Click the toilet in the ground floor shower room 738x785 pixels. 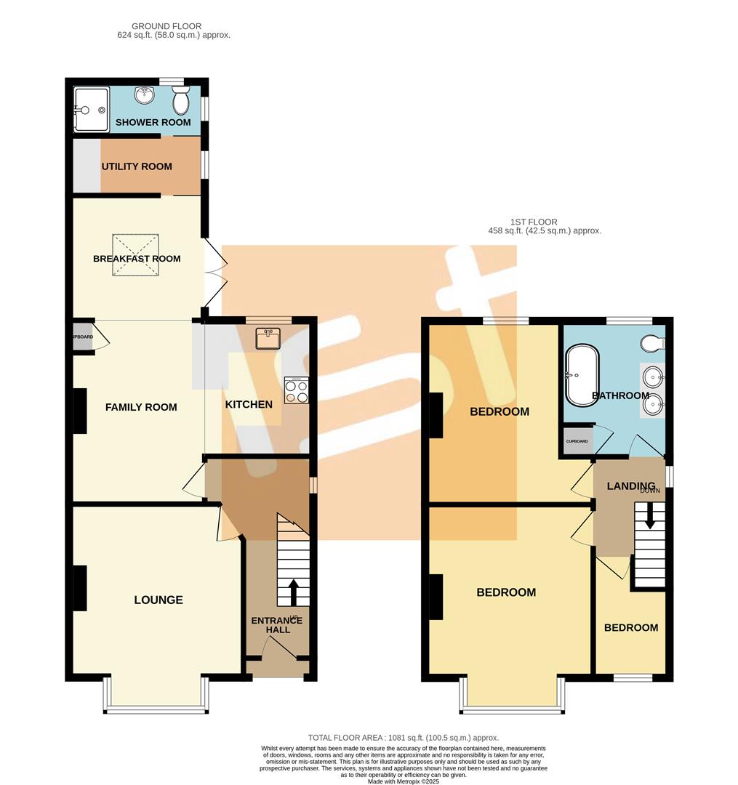click(182, 101)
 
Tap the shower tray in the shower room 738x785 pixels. click(92, 110)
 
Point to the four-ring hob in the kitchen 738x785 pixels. click(296, 390)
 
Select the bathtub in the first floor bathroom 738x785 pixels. click(582, 376)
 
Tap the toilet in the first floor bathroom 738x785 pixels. click(654, 342)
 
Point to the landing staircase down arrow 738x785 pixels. click(650, 515)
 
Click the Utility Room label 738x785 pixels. click(137, 166)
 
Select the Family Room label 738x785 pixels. click(141, 407)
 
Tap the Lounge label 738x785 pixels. click(159, 600)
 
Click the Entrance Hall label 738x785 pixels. click(276, 624)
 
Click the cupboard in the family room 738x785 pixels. click(83, 337)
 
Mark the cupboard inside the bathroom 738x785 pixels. click(577, 441)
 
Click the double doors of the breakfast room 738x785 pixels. click(212, 277)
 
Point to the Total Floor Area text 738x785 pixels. click(403, 737)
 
